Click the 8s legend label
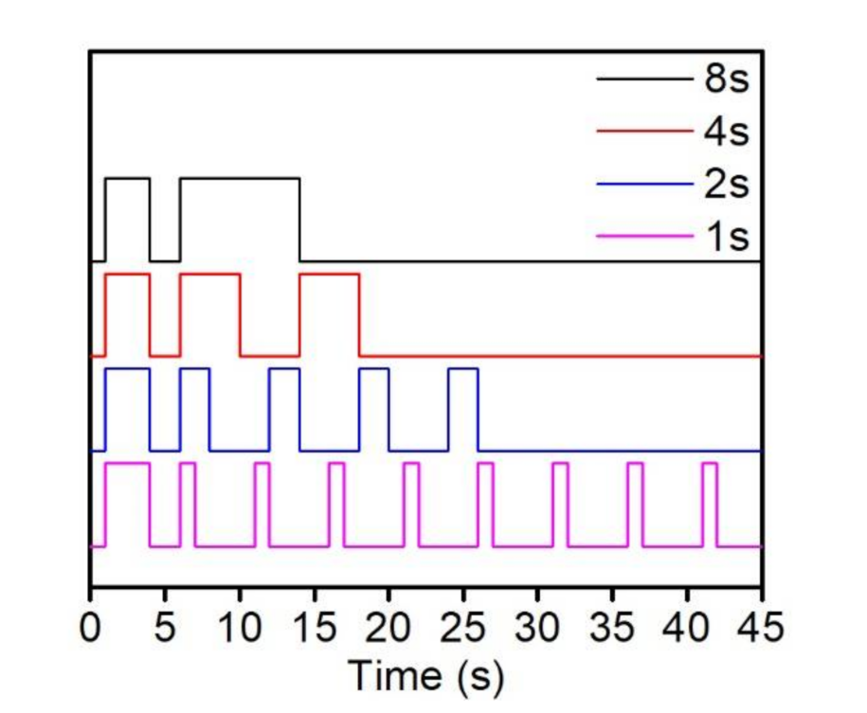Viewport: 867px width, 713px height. point(727,80)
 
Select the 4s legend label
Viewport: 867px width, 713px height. point(727,132)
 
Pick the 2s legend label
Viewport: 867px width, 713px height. point(727,184)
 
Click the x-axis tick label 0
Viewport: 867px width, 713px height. point(91,629)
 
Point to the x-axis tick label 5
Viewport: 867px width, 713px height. point(165,629)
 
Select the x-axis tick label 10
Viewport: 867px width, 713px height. point(240,629)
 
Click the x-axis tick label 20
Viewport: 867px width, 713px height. point(388,629)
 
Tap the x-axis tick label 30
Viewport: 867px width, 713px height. point(538,629)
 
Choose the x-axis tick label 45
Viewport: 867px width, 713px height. point(762,629)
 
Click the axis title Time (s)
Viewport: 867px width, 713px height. point(426,676)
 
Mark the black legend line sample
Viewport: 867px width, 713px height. point(644,80)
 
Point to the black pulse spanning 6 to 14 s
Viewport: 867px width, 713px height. point(240,178)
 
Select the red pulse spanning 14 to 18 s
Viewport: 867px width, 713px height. point(329,274)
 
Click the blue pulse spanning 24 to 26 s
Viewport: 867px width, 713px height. point(463,368)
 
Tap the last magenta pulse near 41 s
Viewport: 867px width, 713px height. point(710,463)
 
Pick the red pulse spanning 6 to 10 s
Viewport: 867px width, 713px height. point(209,274)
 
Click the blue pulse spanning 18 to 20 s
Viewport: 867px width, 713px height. point(373,368)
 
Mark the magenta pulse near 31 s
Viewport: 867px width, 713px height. point(560,463)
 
